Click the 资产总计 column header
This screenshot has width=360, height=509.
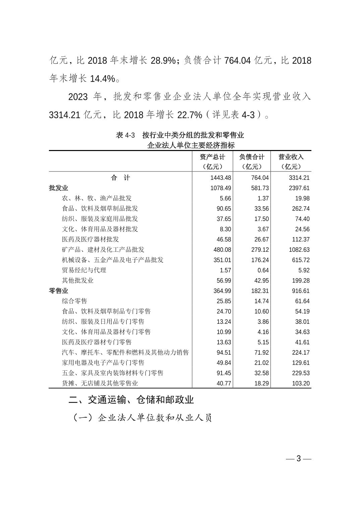click(x=213, y=157)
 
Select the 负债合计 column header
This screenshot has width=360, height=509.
click(x=251, y=157)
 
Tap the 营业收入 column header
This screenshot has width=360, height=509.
click(x=291, y=157)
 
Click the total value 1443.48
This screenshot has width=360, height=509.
click(x=221, y=178)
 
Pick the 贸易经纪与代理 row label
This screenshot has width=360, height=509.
click(x=84, y=270)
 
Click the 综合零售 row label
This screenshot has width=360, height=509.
click(x=74, y=301)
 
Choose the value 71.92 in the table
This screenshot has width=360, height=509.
click(x=261, y=353)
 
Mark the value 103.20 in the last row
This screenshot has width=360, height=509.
click(x=300, y=383)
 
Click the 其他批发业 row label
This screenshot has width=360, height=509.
click(x=77, y=281)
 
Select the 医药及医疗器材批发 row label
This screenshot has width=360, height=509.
click(x=90, y=239)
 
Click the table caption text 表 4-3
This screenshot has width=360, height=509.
click(x=125, y=135)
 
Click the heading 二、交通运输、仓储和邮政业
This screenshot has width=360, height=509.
click(x=131, y=400)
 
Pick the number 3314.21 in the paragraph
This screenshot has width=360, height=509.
click(x=64, y=115)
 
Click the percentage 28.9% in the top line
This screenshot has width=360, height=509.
click(x=163, y=61)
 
